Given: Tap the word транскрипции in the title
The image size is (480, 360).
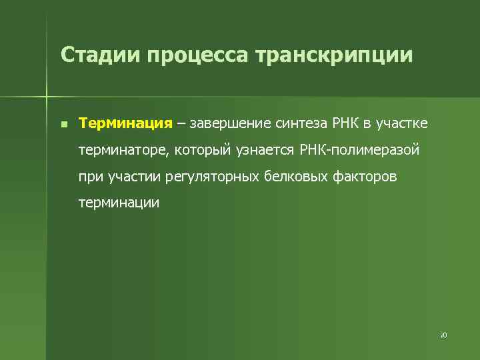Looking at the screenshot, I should coord(334,56).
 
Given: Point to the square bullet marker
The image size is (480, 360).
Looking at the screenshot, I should coord(62,124).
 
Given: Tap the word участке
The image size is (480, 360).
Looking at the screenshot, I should coord(402,124).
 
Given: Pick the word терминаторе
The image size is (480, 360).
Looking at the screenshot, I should coord(123,150).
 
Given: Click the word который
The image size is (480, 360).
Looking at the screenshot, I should coord(203,150).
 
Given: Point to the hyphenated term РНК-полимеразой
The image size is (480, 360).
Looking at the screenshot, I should coord(360,150).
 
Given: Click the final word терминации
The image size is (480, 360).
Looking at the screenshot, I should coord(119,203).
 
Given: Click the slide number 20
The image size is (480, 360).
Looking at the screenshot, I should coord(443,335).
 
